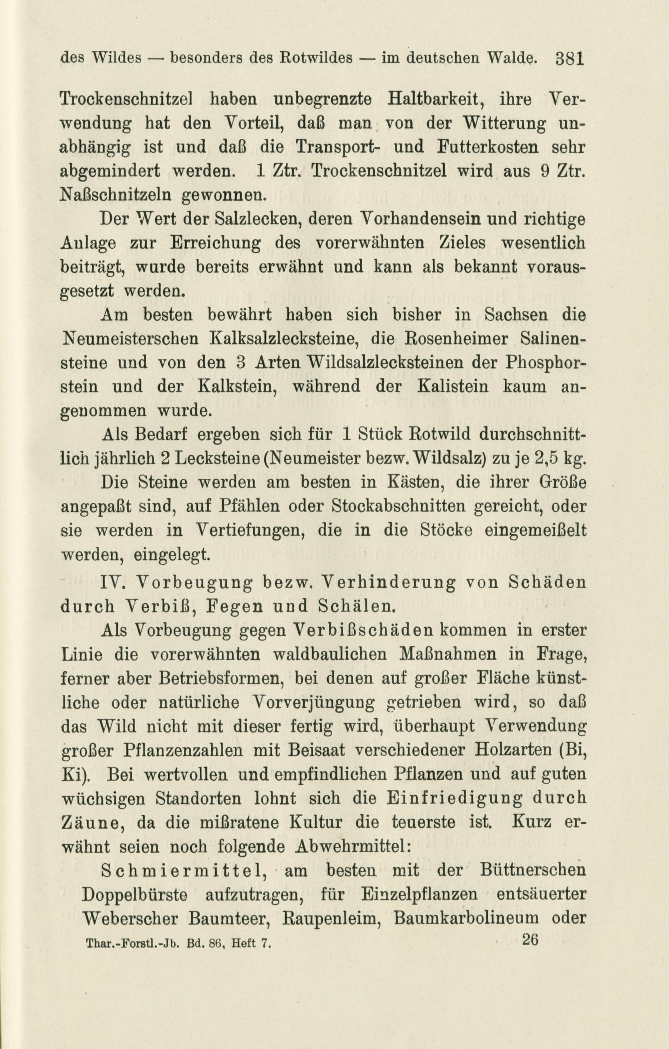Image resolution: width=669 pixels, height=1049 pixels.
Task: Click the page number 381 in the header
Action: (x=569, y=58)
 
